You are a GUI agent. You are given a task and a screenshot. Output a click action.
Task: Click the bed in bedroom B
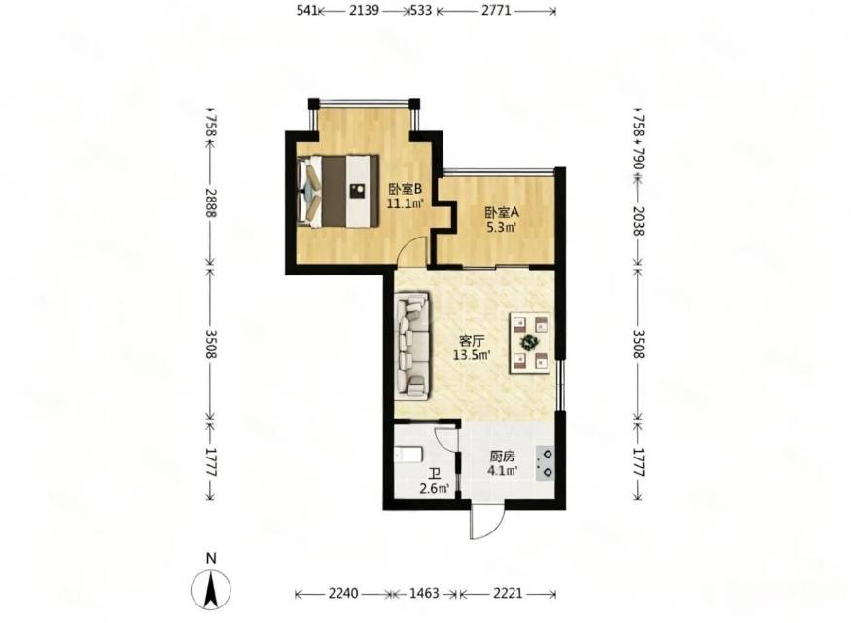(338, 191)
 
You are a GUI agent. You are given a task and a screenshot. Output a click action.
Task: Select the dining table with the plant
(530, 343)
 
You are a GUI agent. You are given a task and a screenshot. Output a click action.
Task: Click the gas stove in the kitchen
(545, 463)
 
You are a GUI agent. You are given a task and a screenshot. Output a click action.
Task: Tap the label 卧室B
(405, 189)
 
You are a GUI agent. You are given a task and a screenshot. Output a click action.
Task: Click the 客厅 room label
(472, 341)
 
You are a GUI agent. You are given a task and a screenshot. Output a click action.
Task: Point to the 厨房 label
(502, 457)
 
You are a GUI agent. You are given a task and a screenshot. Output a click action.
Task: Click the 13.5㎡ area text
(472, 355)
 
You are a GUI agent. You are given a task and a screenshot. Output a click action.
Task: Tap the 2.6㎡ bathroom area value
(434, 489)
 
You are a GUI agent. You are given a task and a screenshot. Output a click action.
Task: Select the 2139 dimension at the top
(364, 10)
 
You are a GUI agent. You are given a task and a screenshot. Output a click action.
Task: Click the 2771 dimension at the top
(496, 10)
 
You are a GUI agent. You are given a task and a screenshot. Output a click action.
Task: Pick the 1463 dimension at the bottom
(424, 593)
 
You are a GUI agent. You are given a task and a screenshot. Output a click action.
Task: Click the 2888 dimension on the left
(211, 203)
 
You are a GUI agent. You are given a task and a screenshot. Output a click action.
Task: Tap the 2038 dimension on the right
(639, 221)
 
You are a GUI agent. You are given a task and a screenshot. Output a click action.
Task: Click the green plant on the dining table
(529, 343)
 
